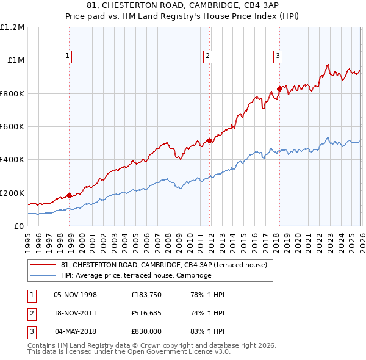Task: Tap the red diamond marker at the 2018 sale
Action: (x=279, y=88)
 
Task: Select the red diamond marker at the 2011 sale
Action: (x=209, y=140)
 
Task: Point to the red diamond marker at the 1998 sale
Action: (x=70, y=196)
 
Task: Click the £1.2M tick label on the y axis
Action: (x=12, y=27)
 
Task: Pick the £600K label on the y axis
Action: (x=12, y=127)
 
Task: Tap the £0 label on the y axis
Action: (x=20, y=226)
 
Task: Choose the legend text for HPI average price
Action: (x=135, y=275)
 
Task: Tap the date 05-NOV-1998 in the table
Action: (x=76, y=295)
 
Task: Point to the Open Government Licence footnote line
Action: (x=129, y=352)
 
